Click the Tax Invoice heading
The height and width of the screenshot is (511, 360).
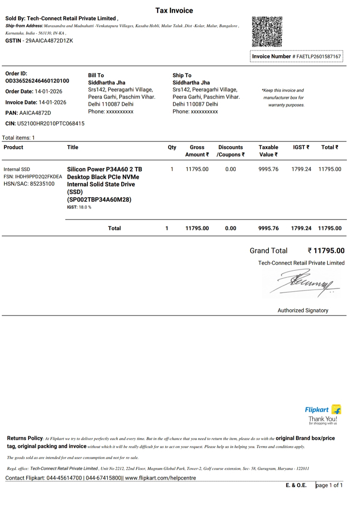174,11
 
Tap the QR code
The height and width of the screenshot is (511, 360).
267,31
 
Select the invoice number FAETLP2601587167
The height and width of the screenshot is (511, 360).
318,57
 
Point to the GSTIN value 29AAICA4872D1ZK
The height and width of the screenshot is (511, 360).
49,41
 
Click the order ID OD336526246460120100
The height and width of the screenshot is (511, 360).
37,81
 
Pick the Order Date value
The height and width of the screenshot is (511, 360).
49,91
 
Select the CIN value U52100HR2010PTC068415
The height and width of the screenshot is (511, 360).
51,123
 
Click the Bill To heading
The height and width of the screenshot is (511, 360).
96,75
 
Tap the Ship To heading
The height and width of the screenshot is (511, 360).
182,75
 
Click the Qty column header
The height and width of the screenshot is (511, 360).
172,147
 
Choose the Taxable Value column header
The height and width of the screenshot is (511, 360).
268,151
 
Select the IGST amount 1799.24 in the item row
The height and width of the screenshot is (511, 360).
301,169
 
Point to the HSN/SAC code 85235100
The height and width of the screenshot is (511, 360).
42,184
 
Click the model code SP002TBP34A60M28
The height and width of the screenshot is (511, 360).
99,199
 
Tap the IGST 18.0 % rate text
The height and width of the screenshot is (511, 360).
79,207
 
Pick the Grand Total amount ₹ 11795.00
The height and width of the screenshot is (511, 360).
326,250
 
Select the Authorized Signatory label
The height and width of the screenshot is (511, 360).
303,310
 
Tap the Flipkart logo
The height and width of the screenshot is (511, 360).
322,410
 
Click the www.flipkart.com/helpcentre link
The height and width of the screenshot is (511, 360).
160,478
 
